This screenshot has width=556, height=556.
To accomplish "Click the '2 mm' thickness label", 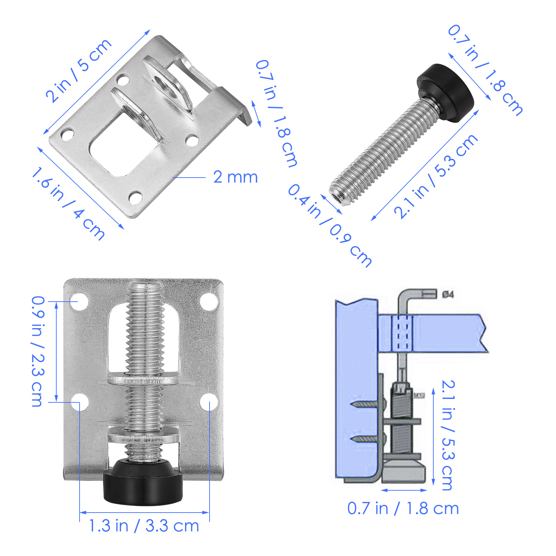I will click(x=235, y=177).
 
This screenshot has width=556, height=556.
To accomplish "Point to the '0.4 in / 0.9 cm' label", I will click(x=329, y=225).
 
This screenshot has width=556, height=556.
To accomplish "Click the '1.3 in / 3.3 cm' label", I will click(x=144, y=526).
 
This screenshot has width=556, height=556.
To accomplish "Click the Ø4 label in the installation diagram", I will click(x=448, y=295).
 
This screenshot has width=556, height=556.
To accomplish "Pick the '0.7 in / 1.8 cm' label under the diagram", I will click(x=403, y=509).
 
